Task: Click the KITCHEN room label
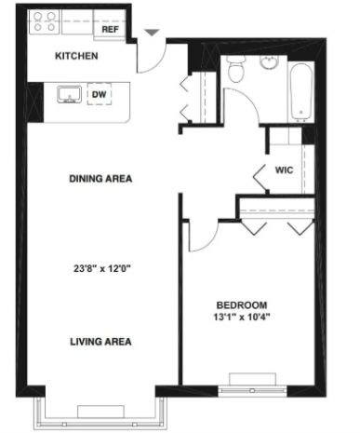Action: (x=76, y=56)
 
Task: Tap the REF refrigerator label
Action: (x=110, y=30)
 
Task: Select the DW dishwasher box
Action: (x=100, y=94)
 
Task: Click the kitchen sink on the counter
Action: (x=70, y=94)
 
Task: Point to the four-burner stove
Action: (x=45, y=21)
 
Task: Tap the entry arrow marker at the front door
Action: (x=152, y=33)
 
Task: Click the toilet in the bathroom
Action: (x=236, y=69)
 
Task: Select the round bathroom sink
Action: (x=270, y=62)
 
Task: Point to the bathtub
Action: (x=300, y=92)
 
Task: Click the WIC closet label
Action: (x=284, y=170)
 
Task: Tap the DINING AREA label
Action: (x=100, y=179)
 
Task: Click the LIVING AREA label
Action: (x=100, y=342)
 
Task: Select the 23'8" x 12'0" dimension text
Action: (x=101, y=268)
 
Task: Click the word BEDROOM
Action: (x=242, y=305)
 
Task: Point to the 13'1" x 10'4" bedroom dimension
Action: (x=242, y=318)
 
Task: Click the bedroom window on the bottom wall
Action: (x=252, y=390)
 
